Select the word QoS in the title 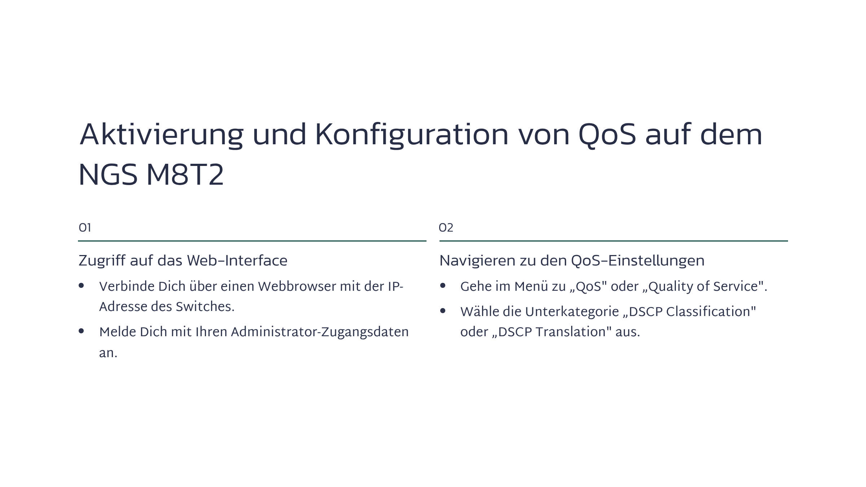point(607,135)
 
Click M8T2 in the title point(185,175)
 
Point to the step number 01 point(85,228)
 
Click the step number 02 point(446,228)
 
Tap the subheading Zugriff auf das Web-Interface point(183,260)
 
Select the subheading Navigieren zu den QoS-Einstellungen point(572,260)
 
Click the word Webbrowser point(297,286)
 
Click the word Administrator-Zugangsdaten point(320,332)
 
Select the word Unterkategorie point(572,312)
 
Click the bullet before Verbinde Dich point(81,286)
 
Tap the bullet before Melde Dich point(81,331)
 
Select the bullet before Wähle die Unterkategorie point(443,311)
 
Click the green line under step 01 point(252,241)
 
